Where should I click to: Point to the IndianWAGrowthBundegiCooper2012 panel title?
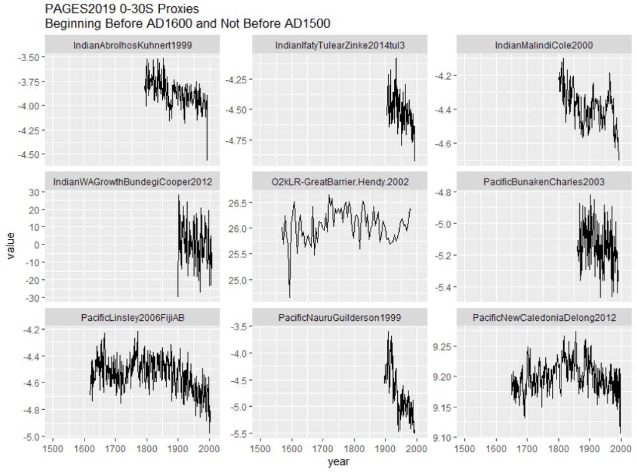132,182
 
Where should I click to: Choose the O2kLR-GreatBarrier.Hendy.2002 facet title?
339,182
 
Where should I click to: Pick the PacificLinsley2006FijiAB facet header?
132,318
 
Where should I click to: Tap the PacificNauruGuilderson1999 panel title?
339,318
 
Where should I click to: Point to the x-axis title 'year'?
339,461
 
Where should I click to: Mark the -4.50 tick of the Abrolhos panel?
28,154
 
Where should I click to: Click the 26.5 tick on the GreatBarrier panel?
238,203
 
